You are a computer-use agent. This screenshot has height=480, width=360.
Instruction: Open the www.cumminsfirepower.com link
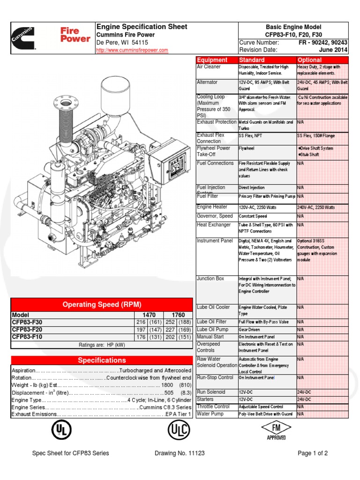[x=132, y=50]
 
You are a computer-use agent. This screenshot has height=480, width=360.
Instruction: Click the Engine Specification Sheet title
[x=142, y=27]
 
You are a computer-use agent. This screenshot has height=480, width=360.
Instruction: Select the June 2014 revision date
[x=333, y=50]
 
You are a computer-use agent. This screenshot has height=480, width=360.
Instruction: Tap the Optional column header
[x=309, y=60]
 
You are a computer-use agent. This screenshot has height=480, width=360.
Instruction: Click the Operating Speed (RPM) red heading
[x=102, y=304]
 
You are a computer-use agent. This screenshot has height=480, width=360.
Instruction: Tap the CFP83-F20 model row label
[x=27, y=330]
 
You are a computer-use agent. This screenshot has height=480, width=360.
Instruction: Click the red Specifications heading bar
[x=102, y=360]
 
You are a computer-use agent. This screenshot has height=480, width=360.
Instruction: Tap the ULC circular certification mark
[x=180, y=431]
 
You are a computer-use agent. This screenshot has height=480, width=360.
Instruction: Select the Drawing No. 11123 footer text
[x=180, y=453]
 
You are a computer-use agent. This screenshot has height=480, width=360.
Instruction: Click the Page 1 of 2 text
[x=313, y=453]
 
